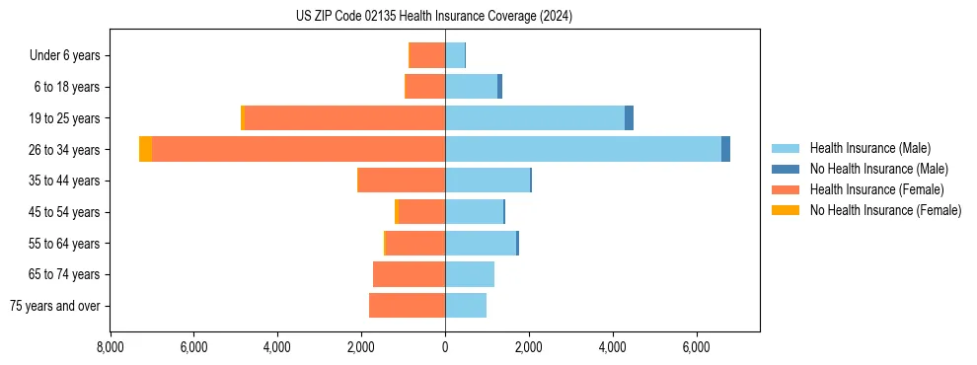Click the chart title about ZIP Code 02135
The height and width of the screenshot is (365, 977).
coord(434,17)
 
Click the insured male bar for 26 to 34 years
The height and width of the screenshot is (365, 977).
coord(582,149)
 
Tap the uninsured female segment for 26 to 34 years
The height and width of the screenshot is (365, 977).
coord(145,149)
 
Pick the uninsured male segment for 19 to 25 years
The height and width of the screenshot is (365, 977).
coord(629,117)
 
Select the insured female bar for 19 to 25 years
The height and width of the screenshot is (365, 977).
coord(344,117)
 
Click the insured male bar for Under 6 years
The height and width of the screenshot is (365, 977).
coord(455,55)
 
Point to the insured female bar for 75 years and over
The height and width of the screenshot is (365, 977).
coord(407,306)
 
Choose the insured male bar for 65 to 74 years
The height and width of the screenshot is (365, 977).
coord(470,274)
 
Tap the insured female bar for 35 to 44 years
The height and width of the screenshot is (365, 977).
coord(402,181)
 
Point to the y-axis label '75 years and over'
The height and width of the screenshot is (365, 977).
coord(55,306)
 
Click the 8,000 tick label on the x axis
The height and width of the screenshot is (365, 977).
coord(110,347)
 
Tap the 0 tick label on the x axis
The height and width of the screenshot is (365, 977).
coord(445,347)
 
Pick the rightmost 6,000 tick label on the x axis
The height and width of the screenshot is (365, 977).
coord(697,347)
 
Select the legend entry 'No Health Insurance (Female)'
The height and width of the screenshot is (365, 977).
coord(885,210)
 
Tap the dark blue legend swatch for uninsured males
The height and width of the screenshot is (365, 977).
coord(786,169)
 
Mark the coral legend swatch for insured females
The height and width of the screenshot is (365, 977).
coord(786,189)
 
